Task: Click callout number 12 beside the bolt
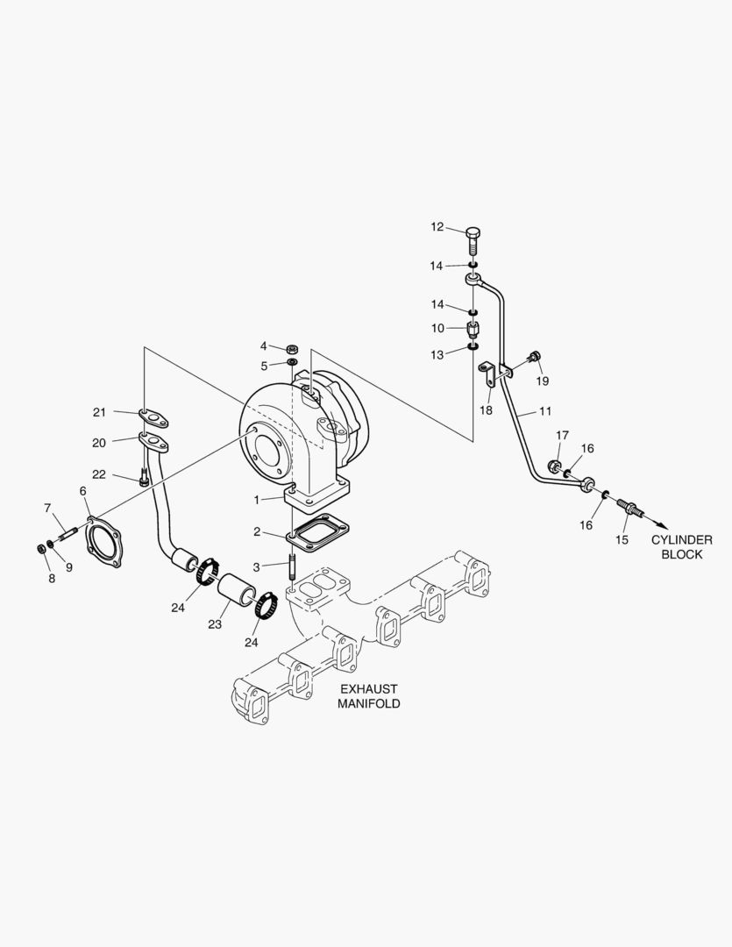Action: coord(437,227)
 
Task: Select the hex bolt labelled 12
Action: coord(473,239)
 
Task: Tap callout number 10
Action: coord(437,328)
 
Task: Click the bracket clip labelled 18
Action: coord(489,375)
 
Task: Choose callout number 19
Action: coord(543,381)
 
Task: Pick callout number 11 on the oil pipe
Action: coord(544,410)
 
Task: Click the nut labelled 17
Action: coord(554,466)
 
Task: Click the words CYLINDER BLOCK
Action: coord(681,547)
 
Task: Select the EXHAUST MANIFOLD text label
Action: coord(369,696)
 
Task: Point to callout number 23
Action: coord(215,624)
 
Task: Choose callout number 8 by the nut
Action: coord(51,578)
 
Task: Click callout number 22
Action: coord(99,474)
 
